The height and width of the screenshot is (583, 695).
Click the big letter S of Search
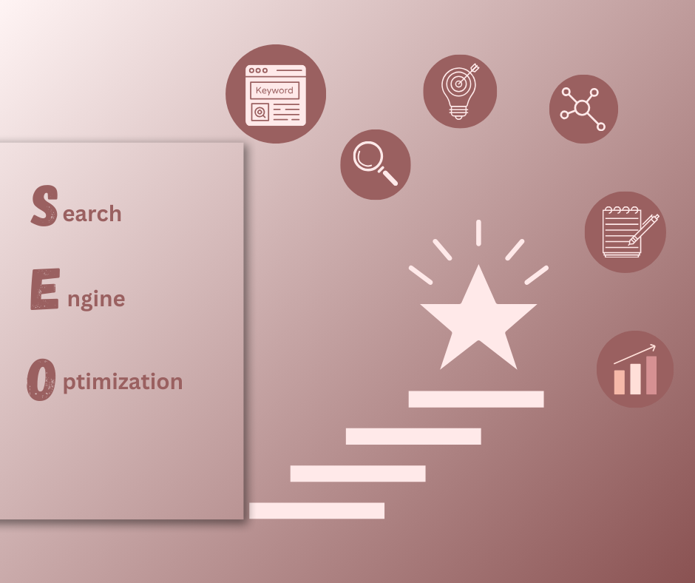click(x=44, y=206)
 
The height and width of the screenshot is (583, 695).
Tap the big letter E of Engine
click(x=45, y=289)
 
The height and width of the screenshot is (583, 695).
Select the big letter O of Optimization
click(x=41, y=380)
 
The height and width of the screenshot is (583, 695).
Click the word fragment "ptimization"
click(x=123, y=383)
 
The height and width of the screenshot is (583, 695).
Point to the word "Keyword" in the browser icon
click(x=274, y=90)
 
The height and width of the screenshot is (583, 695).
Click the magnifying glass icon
click(x=376, y=164)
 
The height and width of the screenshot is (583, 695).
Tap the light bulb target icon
click(x=460, y=92)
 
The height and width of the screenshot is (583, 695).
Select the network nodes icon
click(x=583, y=109)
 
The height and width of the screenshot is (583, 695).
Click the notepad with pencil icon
click(x=625, y=232)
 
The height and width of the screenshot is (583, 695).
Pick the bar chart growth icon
click(x=634, y=369)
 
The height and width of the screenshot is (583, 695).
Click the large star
click(x=478, y=317)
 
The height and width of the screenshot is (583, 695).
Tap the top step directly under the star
click(x=476, y=399)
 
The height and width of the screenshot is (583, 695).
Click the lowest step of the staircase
click(x=317, y=510)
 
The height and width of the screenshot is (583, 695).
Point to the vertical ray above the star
click(x=478, y=232)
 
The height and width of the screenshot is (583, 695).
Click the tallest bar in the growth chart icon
click(x=651, y=375)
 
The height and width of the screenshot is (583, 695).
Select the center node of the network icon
click(x=582, y=108)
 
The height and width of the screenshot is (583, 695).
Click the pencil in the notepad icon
click(x=643, y=229)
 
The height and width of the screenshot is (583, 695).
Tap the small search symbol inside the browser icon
click(x=260, y=112)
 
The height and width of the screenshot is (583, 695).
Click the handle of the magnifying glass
click(x=389, y=177)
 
